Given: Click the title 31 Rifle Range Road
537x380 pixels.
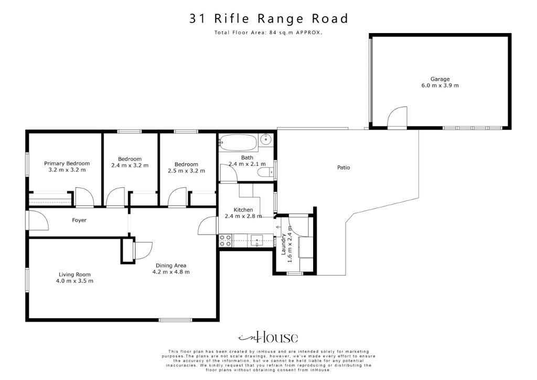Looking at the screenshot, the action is [x=268, y=18].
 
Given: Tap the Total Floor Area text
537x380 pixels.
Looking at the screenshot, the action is [x=268, y=33].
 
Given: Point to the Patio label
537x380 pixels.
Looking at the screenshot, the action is [x=343, y=167].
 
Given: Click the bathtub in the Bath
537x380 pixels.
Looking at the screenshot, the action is [x=239, y=142].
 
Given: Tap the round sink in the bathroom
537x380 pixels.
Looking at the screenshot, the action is [x=266, y=140].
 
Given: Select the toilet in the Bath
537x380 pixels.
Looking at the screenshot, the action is [x=265, y=172].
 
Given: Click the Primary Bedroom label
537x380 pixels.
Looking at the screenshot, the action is [x=67, y=163].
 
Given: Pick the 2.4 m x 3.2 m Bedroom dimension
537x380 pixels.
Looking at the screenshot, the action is [x=130, y=165].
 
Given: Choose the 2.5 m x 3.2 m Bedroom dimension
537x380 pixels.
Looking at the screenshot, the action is [x=186, y=171].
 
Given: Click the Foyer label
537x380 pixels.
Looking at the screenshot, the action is [x=79, y=220].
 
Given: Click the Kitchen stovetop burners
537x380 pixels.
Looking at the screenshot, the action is [x=225, y=240].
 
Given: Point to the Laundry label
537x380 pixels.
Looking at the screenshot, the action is [x=283, y=244].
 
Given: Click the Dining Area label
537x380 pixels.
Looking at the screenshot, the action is [x=171, y=266].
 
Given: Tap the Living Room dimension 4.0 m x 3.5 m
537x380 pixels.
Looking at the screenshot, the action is [x=74, y=281].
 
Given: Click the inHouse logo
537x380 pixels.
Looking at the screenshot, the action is [x=268, y=337].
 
